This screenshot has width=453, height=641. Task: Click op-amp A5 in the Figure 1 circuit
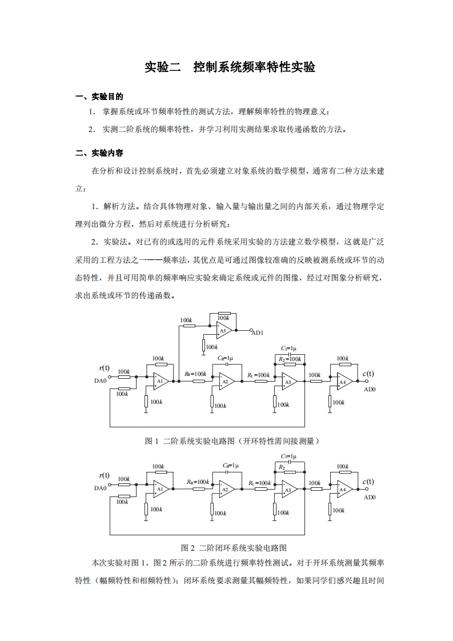pos(223,330)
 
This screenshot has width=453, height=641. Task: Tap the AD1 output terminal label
pos(258,332)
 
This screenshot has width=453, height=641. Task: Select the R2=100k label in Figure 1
pos(290,358)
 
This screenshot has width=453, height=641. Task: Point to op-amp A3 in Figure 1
pos(288,381)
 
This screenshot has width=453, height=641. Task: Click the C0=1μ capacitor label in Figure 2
pos(231,466)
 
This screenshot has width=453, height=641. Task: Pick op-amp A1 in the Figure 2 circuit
pos(160,489)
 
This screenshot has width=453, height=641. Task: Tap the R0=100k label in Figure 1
pos(195,374)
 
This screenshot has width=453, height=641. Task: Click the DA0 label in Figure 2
pos(101,488)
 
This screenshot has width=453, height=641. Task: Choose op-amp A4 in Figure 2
pos(343,489)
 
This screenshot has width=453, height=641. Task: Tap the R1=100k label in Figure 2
pos(259,483)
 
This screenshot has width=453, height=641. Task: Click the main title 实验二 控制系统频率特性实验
pos(230,67)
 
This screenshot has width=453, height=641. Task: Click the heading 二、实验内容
pos(99,153)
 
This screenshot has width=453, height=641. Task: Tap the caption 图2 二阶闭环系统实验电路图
pos(233,547)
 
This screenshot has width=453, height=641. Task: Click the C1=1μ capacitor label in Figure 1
pos(288,348)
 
